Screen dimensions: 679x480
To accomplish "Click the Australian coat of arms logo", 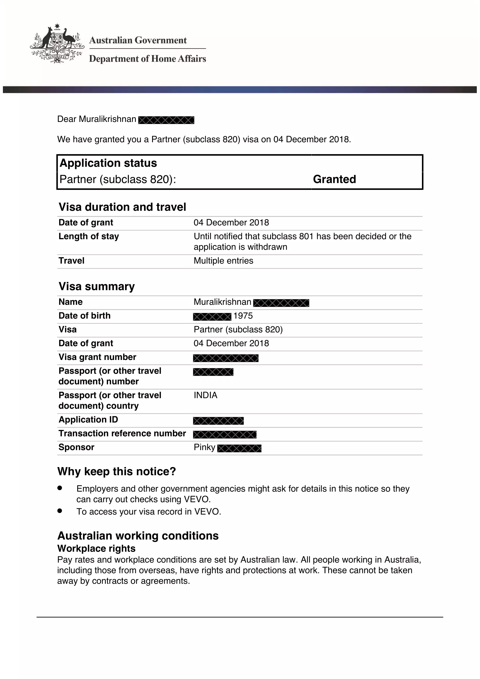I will click(x=57, y=44).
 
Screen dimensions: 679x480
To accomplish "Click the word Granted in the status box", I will click(x=334, y=179).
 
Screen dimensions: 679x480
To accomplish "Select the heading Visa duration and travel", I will click(x=122, y=207).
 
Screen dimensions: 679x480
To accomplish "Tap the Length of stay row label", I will click(x=89, y=236).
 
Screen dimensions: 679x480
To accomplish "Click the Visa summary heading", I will click(x=97, y=286).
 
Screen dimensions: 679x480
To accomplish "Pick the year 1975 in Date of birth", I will click(x=243, y=316).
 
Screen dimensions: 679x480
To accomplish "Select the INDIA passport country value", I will click(x=205, y=395).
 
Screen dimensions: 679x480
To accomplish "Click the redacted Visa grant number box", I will click(x=226, y=358).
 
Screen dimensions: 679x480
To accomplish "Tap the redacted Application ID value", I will click(x=219, y=421).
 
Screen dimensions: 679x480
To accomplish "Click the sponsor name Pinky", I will click(x=204, y=447).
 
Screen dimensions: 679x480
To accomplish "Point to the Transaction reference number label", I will click(x=122, y=433).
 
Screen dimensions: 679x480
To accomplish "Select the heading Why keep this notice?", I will click(x=117, y=471).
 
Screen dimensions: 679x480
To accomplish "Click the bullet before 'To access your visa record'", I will click(x=60, y=510).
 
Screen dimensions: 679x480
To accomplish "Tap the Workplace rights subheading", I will click(x=96, y=548).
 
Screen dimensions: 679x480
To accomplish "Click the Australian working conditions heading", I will click(x=138, y=536).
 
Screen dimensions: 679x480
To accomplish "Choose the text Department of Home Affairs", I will click(x=147, y=59).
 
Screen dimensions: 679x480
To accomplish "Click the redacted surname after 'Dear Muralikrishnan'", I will click(x=166, y=120).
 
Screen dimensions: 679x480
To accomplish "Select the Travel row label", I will click(x=71, y=260).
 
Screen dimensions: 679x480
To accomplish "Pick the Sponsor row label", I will click(x=76, y=447).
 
